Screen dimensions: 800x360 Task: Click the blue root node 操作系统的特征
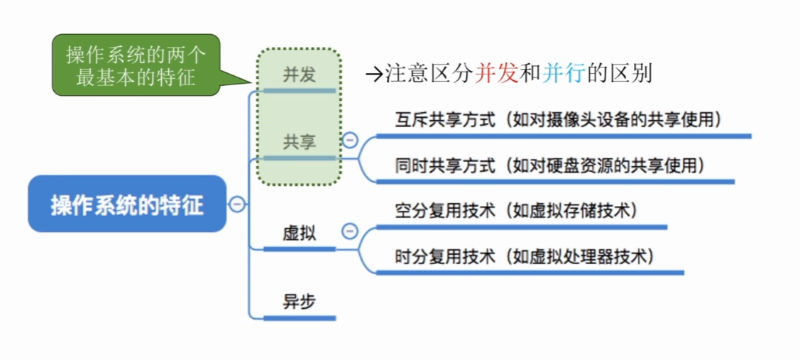click(127, 204)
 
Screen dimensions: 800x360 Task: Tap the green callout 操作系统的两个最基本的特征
click(136, 65)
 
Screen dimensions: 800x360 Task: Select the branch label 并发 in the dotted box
click(300, 75)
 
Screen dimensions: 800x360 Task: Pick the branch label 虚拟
click(300, 234)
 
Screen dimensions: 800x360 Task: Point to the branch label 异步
click(300, 302)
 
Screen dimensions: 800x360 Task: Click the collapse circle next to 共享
click(349, 140)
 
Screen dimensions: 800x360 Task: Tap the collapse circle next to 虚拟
click(349, 231)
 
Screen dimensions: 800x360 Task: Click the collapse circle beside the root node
click(237, 204)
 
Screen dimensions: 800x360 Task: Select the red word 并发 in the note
click(496, 75)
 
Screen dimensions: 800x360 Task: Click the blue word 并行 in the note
click(564, 75)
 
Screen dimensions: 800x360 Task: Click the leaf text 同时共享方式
click(445, 165)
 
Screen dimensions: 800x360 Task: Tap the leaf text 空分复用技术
click(445, 210)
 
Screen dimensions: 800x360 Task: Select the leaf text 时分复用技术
click(445, 256)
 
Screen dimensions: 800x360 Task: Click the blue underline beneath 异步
click(300, 318)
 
